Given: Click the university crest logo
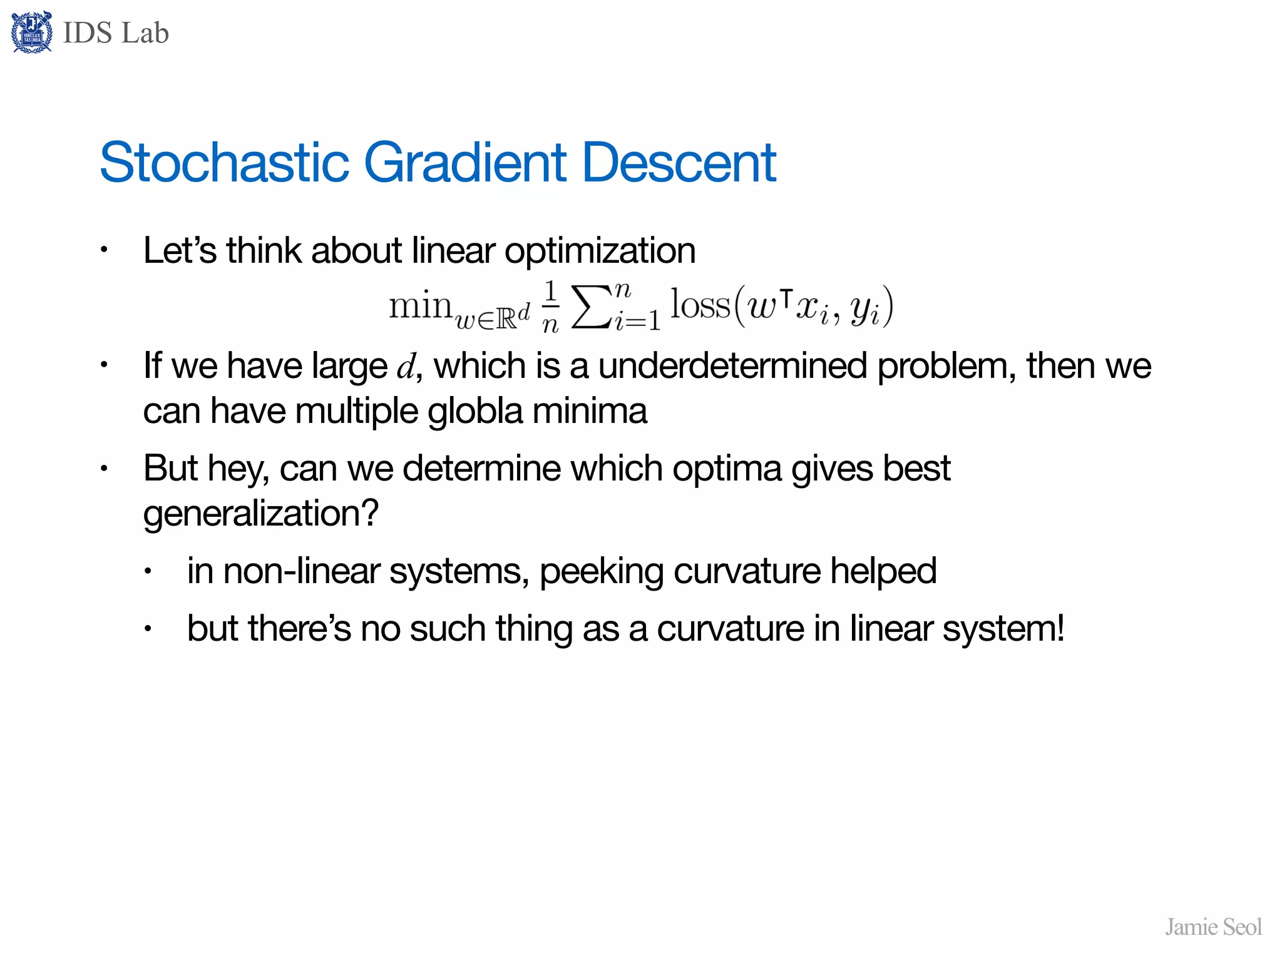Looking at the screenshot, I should click(x=32, y=33).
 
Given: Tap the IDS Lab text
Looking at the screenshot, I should click(x=116, y=33).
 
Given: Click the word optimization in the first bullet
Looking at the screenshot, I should click(x=600, y=252).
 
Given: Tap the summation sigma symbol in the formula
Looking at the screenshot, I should click(x=591, y=307).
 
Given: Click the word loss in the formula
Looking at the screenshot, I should click(x=700, y=305).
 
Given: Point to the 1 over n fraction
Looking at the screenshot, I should click(x=550, y=307).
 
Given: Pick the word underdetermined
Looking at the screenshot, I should click(x=732, y=366).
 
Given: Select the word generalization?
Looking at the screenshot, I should click(x=261, y=514).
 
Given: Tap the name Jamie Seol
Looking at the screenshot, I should click(x=1213, y=927).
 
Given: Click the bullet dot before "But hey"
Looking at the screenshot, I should click(x=105, y=469).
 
